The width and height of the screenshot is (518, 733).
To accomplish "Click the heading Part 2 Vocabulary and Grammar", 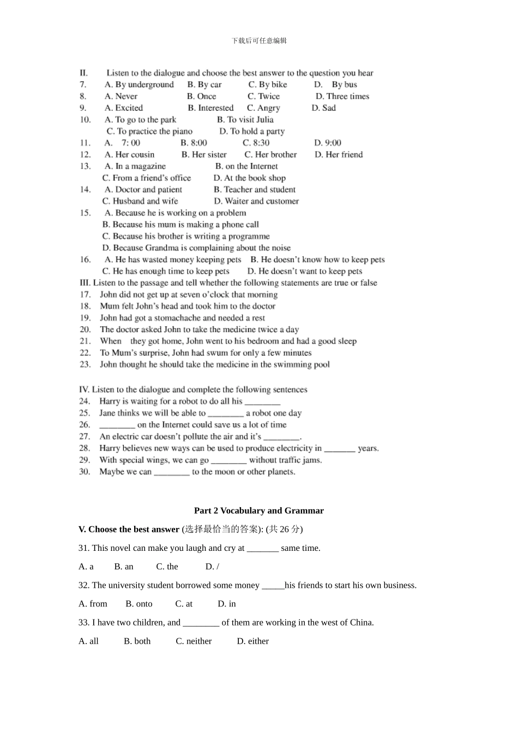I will pyautogui.click(x=258, y=511).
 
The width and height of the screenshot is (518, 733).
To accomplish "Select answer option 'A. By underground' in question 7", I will pyautogui.click(x=139, y=85).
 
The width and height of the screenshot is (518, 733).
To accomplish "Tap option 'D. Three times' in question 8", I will pyautogui.click(x=342, y=97).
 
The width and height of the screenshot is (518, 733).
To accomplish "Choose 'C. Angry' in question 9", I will pyautogui.click(x=263, y=108).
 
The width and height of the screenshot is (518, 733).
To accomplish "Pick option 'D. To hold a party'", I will pyautogui.click(x=252, y=131).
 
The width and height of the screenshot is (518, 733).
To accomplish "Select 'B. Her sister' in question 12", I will pyautogui.click(x=204, y=155).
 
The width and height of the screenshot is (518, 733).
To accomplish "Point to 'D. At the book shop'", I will pyautogui.click(x=250, y=178).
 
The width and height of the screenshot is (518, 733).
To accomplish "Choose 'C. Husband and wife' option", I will pyautogui.click(x=140, y=201).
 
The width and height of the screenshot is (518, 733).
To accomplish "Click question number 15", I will pyautogui.click(x=85, y=213).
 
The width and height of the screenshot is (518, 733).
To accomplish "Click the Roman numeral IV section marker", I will pyautogui.click(x=84, y=389).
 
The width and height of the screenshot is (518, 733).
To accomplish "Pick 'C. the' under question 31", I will pyautogui.click(x=167, y=567).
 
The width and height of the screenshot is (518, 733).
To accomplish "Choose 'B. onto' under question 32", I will pyautogui.click(x=139, y=604).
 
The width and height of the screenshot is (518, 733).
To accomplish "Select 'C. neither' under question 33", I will pyautogui.click(x=194, y=641).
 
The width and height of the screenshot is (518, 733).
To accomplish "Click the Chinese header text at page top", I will pyautogui.click(x=259, y=40).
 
